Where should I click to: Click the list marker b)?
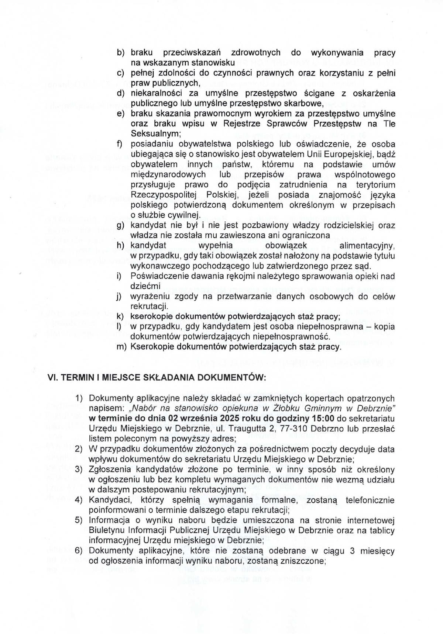(121, 53)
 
